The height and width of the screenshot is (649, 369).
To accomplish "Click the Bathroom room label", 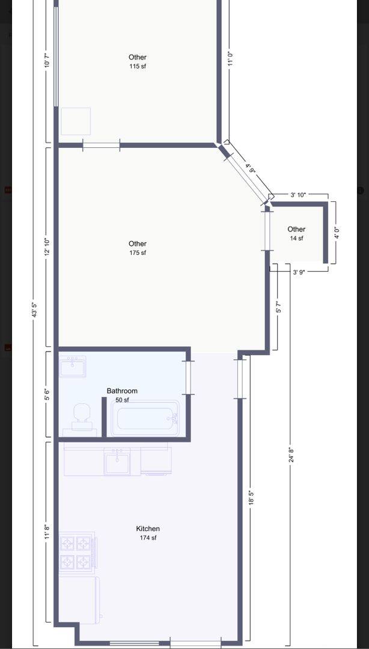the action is click(x=122, y=391).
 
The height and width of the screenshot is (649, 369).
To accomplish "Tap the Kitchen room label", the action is click(x=148, y=529).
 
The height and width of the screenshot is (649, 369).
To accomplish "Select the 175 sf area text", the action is click(x=138, y=253).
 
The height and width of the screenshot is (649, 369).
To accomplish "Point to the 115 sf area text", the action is click(x=138, y=66).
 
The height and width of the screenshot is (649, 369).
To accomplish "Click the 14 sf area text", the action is click(x=296, y=238).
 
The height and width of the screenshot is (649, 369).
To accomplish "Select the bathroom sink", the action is click(x=73, y=367).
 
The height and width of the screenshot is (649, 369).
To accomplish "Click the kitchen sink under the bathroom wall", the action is click(x=117, y=462).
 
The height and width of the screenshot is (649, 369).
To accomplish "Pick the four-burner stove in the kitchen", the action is click(x=77, y=552).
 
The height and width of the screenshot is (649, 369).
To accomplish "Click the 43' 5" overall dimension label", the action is click(x=35, y=310).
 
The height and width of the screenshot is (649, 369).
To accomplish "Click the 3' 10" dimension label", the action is click(x=298, y=195).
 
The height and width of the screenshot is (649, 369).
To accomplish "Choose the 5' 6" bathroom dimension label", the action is click(x=47, y=394).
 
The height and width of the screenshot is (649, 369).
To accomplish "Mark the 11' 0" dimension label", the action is click(x=231, y=59).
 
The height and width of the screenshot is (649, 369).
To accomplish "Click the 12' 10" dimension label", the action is click(x=47, y=247).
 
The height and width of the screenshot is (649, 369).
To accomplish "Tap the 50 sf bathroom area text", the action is click(x=122, y=400).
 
